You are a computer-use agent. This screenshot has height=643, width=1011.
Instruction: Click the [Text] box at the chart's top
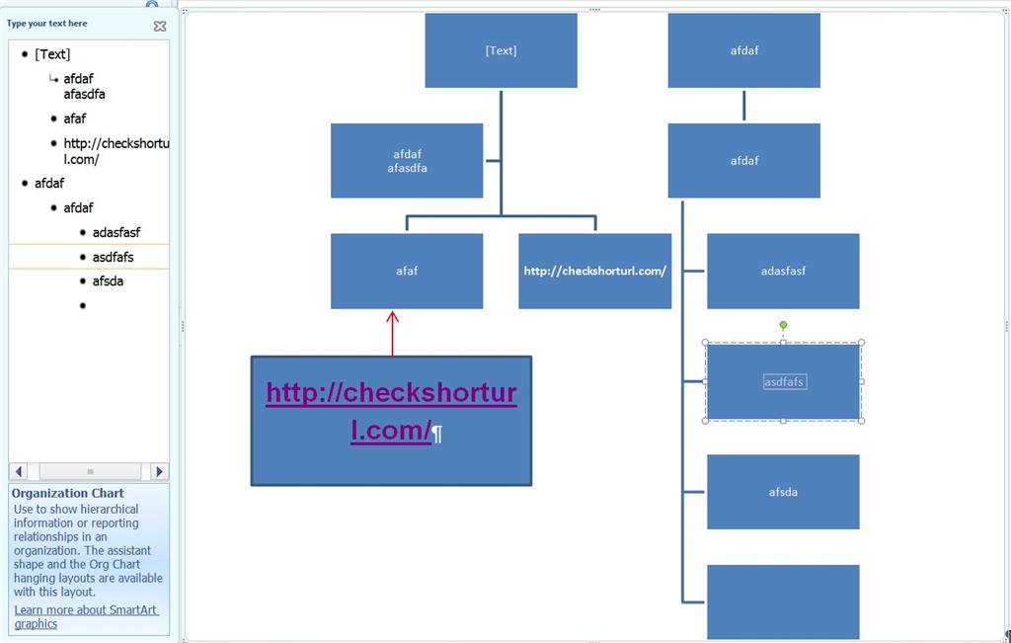pos(501,50)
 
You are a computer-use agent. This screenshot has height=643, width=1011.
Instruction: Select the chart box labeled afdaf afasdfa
pos(407,161)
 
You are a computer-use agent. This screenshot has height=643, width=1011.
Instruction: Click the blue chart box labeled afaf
pos(407,271)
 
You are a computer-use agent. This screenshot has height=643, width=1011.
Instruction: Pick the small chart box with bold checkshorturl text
pos(594,271)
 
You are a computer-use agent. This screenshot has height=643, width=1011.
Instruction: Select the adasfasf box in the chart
pos(783,271)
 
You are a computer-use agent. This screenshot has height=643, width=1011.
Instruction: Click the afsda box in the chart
pos(783,492)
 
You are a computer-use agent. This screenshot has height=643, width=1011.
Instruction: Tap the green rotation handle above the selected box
pos(783,325)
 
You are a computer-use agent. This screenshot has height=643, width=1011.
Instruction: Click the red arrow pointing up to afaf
pos(392,334)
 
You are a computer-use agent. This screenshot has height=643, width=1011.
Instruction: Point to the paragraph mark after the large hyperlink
pos(437,433)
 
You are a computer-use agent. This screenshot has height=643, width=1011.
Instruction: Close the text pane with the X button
pos(160,27)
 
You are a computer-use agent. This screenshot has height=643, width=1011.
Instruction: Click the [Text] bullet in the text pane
pos(52,54)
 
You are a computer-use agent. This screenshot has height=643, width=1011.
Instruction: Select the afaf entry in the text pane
pos(75,119)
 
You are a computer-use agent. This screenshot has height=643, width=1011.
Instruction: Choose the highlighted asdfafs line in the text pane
pos(113,257)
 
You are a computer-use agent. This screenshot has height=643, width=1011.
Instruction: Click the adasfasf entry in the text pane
pos(117,232)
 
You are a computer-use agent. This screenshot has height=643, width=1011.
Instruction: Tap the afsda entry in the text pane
pos(109,281)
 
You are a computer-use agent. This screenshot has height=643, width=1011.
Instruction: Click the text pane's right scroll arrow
pos(160,472)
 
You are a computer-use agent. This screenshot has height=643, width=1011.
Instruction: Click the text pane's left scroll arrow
pos(19,472)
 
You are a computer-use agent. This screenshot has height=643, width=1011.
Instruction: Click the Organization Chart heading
pos(67,493)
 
